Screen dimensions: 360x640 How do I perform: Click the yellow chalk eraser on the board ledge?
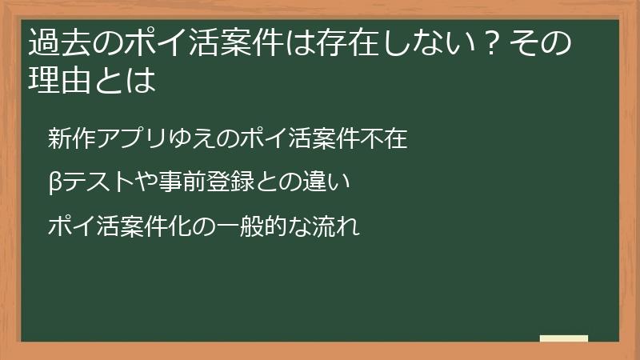pos(565,338)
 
